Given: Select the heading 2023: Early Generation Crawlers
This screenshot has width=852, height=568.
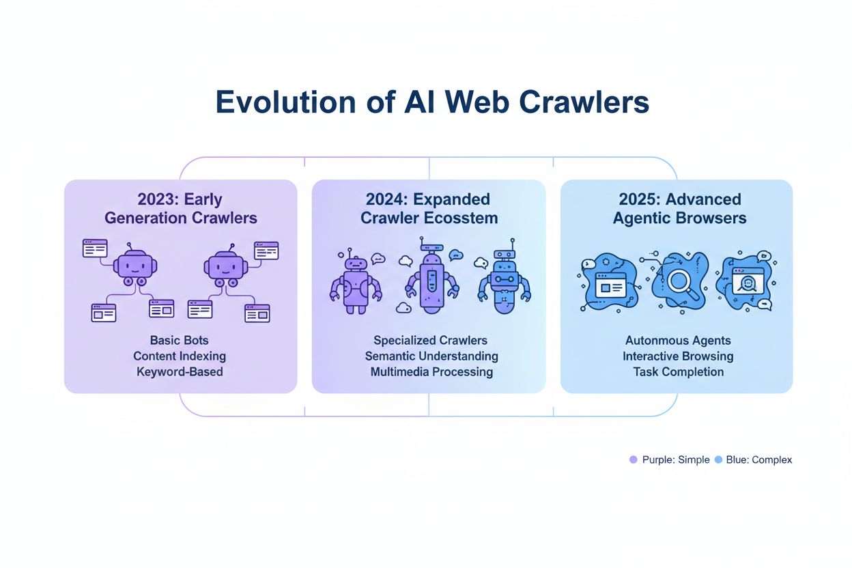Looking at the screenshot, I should [180, 209].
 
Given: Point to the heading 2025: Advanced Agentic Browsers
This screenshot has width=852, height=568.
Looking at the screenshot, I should [679, 209].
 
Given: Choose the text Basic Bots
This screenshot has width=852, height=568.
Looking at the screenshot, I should [180, 340].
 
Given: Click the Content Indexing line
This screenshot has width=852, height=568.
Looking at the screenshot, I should [180, 356].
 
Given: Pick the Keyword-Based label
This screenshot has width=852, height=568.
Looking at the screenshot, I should [180, 372].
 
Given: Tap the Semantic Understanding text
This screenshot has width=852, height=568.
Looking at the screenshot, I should [431, 356].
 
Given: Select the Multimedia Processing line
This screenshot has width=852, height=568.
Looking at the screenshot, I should [431, 372].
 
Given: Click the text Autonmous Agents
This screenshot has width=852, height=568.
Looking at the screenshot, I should [678, 340].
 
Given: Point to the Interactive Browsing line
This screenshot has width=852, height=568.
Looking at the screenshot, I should [678, 356].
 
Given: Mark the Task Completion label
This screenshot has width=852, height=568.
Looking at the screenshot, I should [678, 372].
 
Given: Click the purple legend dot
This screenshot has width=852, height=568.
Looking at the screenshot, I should [633, 460].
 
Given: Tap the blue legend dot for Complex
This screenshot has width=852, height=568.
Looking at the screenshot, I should [718, 460].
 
